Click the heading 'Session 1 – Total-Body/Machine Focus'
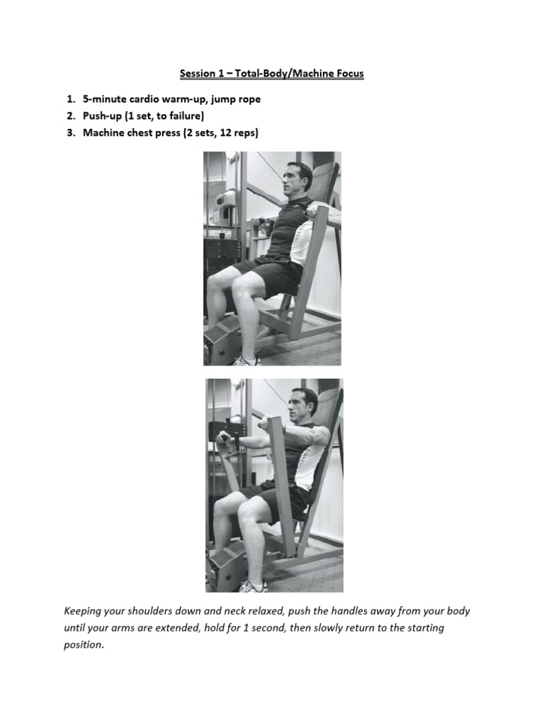click(271, 74)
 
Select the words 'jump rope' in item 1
click(237, 99)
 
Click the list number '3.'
click(72, 132)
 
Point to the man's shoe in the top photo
click(246, 360)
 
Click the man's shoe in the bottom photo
click(252, 586)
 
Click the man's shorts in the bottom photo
click(273, 501)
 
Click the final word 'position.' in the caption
click(84, 645)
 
